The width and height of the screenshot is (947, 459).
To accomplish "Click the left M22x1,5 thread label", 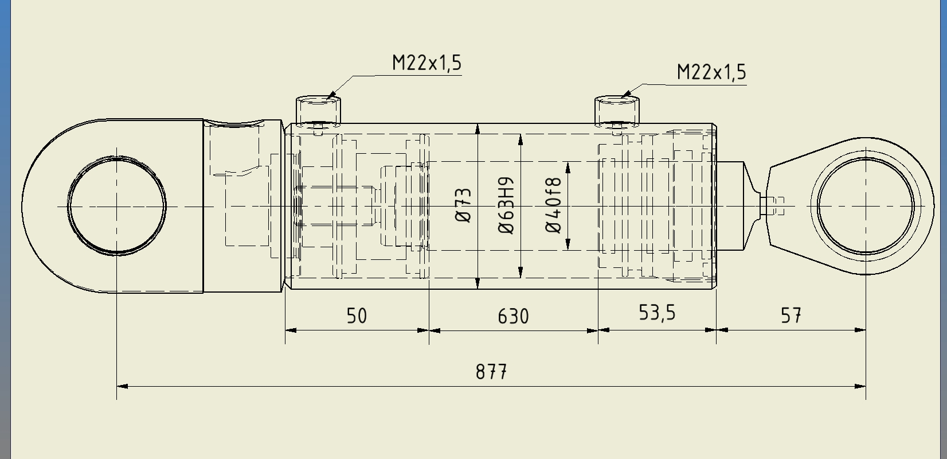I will [426, 63].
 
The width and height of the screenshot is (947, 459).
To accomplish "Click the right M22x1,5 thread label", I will [711, 72].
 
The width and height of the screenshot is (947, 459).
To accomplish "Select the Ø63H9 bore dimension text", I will [506, 205].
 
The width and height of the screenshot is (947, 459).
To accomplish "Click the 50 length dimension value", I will [357, 316].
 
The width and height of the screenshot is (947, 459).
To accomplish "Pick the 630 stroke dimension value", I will [513, 316].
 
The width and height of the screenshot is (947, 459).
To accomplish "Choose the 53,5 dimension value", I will [657, 313].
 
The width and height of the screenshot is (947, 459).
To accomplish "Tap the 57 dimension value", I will [791, 316].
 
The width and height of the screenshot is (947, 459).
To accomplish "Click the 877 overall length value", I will [491, 372].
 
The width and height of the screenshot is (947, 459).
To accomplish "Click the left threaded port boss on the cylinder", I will [318, 110].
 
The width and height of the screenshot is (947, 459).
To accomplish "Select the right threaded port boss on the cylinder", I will [617, 111].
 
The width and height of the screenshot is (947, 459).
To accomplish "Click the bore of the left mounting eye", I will [117, 206].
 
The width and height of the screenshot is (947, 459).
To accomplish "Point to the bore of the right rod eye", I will [866, 206].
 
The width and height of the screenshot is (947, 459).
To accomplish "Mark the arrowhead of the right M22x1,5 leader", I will [626, 93].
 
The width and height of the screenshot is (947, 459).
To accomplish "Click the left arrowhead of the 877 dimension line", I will [122, 386].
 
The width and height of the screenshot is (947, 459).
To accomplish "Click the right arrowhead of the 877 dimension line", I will [861, 386].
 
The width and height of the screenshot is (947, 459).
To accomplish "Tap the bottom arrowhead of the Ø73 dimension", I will [478, 284].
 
